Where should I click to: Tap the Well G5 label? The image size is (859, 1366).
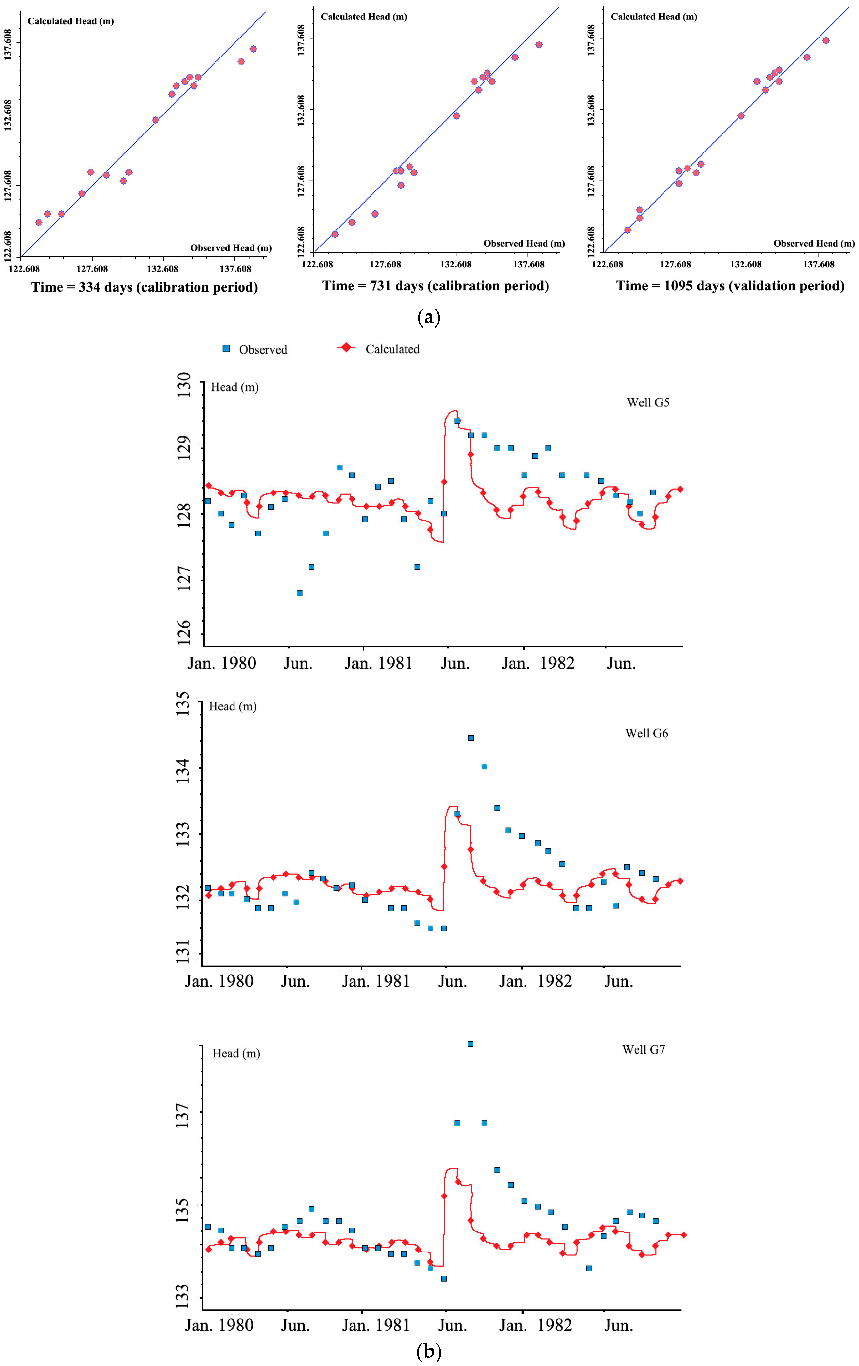pyautogui.click(x=648, y=403)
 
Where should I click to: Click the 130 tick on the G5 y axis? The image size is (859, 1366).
pyautogui.click(x=184, y=385)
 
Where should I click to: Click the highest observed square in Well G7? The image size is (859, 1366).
pyautogui.click(x=470, y=1044)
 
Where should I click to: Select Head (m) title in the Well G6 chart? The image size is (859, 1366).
pyautogui.click(x=233, y=706)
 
